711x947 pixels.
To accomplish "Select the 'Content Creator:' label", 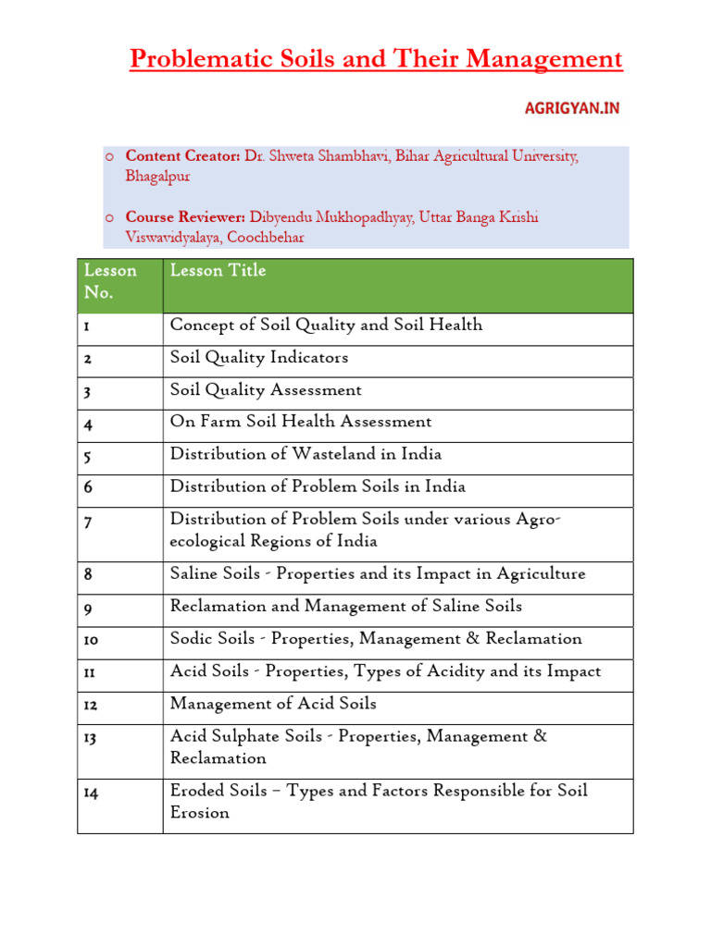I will click(183, 156).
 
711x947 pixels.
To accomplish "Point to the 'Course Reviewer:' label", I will click(185, 217).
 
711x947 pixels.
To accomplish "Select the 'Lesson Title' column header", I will click(218, 270).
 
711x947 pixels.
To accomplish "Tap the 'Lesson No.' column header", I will click(109, 281).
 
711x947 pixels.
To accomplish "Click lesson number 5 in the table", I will click(88, 455).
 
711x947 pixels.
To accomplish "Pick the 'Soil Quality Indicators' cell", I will click(259, 357).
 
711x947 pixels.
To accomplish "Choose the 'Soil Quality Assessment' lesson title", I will click(266, 389).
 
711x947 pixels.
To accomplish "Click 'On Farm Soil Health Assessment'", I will click(301, 422).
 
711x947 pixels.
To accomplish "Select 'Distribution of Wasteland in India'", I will click(306, 454).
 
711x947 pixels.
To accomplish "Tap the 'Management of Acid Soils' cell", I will click(273, 704).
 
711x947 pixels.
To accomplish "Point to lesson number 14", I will click(92, 793).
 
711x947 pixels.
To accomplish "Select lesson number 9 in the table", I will click(88, 608).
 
